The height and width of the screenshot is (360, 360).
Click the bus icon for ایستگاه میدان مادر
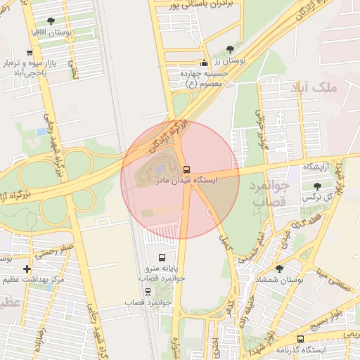pyautogui.click(x=186, y=169)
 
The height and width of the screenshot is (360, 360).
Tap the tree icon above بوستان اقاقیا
pyautogui.click(x=50, y=21)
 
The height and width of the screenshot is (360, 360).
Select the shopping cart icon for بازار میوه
pyautogui.click(x=29, y=53)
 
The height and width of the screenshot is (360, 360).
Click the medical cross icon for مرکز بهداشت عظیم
pyautogui.click(x=27, y=269)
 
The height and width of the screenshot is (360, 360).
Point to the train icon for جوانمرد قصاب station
pyautogui.click(x=148, y=291)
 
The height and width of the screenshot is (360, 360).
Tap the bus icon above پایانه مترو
pyautogui.click(x=163, y=257)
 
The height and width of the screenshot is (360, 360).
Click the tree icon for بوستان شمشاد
pyautogui.click(x=279, y=269)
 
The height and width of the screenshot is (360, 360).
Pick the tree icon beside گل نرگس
pyautogui.click(x=318, y=186)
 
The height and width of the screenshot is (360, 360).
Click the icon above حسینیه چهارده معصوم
pyautogui.click(x=205, y=62)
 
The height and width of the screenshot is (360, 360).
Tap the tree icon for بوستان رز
pyautogui.click(x=231, y=49)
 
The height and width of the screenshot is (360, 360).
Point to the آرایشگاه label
pyautogui.click(x=319, y=167)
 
